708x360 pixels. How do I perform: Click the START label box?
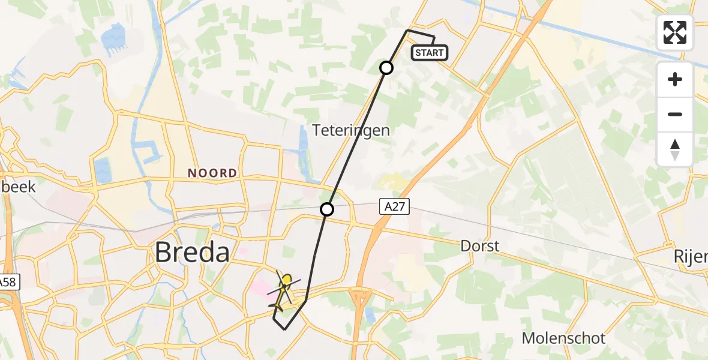pyautogui.click(x=430, y=53)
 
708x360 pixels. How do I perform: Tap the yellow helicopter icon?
pyautogui.click(x=284, y=290)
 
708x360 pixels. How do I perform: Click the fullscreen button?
pyautogui.click(x=675, y=32)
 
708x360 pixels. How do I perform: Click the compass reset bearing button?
pyautogui.click(x=675, y=149)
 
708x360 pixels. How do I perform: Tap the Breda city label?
pyautogui.click(x=192, y=253)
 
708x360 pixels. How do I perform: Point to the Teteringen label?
pyautogui.click(x=351, y=130)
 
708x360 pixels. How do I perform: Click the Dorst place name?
pyautogui.click(x=479, y=246)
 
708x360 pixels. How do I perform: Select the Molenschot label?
pyautogui.click(x=563, y=338)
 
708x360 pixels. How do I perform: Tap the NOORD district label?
pyautogui.click(x=212, y=173)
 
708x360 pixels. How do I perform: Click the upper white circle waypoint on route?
pyautogui.click(x=386, y=68)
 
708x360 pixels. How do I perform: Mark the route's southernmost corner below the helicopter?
pyautogui.click(x=284, y=329)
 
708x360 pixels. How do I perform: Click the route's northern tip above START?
pyautogui.click(x=407, y=30)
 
